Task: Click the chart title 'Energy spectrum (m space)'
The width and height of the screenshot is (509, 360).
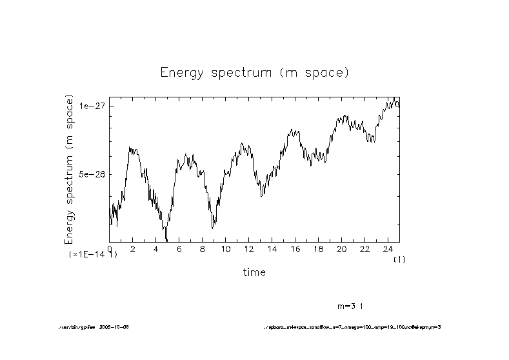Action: pyautogui.click(x=254, y=72)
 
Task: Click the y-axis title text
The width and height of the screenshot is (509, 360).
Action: pyautogui.click(x=70, y=169)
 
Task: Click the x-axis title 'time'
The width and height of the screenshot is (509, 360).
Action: pyautogui.click(x=254, y=272)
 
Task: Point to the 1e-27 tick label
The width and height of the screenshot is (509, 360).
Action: pyautogui.click(x=92, y=105)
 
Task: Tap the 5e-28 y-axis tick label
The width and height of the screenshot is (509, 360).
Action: pyautogui.click(x=92, y=174)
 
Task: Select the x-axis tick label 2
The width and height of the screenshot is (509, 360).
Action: pyautogui.click(x=133, y=249)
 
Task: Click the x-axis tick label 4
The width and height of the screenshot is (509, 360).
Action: pyautogui.click(x=156, y=249)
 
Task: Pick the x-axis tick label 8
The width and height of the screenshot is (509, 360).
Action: pyautogui.click(x=202, y=249)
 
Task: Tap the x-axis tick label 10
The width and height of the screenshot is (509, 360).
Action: pyautogui.click(x=225, y=249)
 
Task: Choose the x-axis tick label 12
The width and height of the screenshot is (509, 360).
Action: pyautogui.click(x=248, y=249)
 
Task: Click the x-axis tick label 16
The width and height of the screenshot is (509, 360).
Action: pyautogui.click(x=295, y=249)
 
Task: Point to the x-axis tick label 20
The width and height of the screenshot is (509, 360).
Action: pyautogui.click(x=341, y=249)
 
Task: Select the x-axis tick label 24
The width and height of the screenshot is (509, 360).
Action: pyautogui.click(x=387, y=249)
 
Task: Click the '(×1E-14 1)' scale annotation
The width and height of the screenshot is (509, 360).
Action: pyautogui.click(x=93, y=255)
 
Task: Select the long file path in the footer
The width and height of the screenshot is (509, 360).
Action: pyautogui.click(x=352, y=327)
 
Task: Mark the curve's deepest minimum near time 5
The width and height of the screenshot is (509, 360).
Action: pyautogui.click(x=166, y=241)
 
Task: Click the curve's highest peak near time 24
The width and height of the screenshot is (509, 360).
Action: pyautogui.click(x=394, y=97)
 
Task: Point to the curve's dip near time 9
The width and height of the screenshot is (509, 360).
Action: pyautogui.click(x=213, y=227)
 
